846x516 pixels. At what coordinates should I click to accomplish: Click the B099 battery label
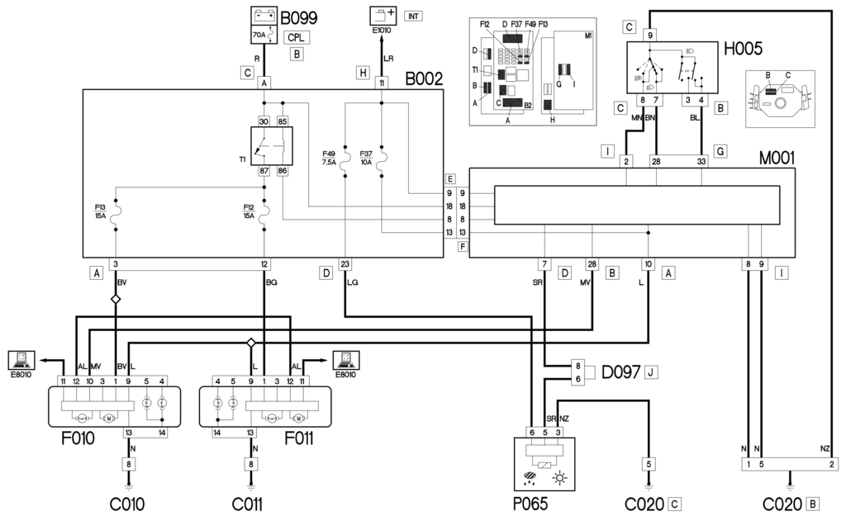click(299, 18)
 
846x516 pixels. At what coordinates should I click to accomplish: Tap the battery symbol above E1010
click(382, 15)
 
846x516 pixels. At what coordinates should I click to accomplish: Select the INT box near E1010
click(414, 16)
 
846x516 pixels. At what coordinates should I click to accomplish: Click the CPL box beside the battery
click(297, 37)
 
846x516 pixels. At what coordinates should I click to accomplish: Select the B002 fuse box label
click(424, 80)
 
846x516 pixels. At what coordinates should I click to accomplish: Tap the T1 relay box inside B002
click(273, 146)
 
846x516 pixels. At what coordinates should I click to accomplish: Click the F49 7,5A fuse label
click(329, 158)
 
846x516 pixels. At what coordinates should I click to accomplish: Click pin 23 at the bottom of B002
click(345, 264)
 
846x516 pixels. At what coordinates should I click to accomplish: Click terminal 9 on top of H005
click(651, 35)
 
